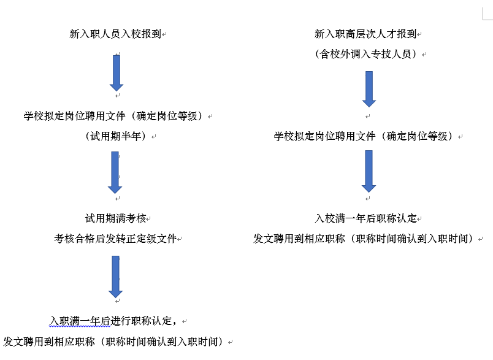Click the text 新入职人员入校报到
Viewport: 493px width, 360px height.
pos(115,34)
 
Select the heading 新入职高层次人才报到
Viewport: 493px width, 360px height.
pos(365,34)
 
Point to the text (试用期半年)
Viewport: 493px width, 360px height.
pos(115,136)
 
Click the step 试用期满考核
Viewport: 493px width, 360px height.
pos(115,218)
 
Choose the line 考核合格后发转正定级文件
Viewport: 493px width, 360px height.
pos(115,239)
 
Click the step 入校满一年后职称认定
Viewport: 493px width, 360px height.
pos(365,218)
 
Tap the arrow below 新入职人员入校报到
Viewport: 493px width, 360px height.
pos(117,73)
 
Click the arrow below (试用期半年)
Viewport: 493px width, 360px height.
pos(115,172)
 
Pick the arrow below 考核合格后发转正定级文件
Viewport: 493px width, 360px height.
pos(115,277)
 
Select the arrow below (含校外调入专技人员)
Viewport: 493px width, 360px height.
pos(369,89)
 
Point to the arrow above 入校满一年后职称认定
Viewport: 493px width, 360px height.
pos(369,171)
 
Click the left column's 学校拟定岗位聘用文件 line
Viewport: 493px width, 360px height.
pos(113,116)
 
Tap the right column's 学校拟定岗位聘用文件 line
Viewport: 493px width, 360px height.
pos(363,136)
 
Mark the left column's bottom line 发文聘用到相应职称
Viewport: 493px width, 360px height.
pos(113,342)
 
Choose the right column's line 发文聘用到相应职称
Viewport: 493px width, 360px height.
pos(363,239)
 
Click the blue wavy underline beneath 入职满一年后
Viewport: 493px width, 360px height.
pos(80,327)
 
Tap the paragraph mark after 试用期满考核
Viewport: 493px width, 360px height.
pos(148,219)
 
